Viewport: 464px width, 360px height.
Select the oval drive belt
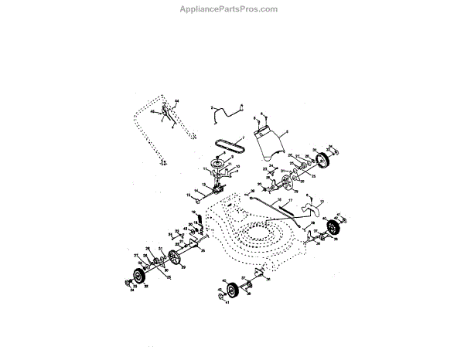click(230, 144)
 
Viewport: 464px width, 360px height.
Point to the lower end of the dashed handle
click(163, 162)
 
